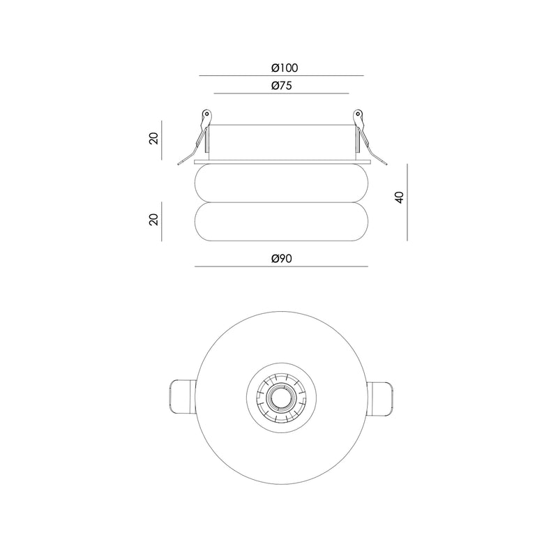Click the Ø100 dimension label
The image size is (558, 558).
pyautogui.click(x=285, y=68)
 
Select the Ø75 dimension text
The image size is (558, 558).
pyautogui.click(x=282, y=86)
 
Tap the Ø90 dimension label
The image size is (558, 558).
pyautogui.click(x=282, y=258)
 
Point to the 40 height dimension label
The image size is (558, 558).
pyautogui.click(x=400, y=197)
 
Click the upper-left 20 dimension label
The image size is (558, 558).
pyautogui.click(x=153, y=138)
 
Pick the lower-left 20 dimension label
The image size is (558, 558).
pyautogui.click(x=153, y=219)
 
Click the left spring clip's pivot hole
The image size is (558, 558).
pyautogui.click(x=206, y=114)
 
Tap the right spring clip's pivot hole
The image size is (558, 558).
pyautogui.click(x=357, y=114)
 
